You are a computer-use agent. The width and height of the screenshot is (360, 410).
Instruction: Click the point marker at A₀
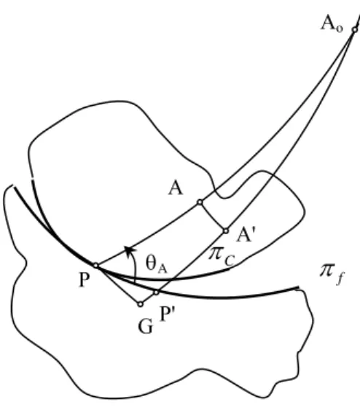coord(354,30)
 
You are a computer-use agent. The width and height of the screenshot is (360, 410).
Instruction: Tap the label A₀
coord(332,24)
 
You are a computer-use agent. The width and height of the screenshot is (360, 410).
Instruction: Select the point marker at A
coord(200,202)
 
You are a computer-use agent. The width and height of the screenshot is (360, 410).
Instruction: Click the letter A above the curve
coord(176,188)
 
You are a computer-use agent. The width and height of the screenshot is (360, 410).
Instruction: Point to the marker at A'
coord(226,231)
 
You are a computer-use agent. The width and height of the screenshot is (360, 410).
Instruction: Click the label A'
coord(246,234)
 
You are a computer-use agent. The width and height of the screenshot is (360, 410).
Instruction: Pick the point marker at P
coord(96,266)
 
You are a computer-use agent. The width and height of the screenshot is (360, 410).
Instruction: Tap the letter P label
coord(84,280)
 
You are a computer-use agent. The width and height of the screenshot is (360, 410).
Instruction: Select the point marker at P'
coord(156,293)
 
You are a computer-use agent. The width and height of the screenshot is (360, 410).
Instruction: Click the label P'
coord(167,313)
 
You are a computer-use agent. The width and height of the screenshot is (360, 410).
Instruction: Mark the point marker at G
coord(141,304)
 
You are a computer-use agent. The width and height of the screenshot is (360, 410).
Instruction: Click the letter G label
coord(145,327)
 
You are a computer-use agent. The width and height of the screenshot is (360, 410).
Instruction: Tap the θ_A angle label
coord(156,265)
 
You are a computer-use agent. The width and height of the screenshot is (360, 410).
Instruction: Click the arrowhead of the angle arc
coord(129,251)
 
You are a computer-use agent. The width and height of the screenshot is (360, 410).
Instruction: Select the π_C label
coord(222,256)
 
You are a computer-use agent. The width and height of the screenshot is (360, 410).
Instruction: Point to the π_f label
coord(332,274)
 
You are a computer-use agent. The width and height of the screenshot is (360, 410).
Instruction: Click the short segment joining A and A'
coord(213,217)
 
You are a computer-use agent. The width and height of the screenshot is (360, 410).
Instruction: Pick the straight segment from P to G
coord(118,285)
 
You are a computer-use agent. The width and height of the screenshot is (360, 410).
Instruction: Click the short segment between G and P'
coord(149,298)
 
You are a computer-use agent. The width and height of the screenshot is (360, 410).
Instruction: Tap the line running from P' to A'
coord(191,262)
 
